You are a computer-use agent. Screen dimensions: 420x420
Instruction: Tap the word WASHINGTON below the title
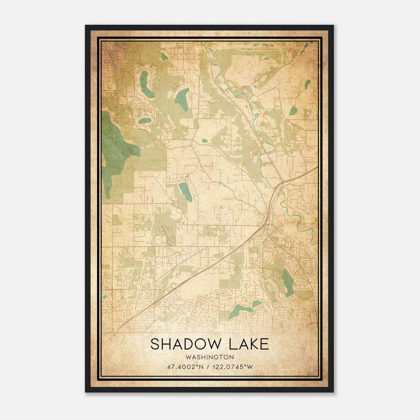coord(209,357)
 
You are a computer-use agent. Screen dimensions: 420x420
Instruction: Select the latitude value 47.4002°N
coord(185,367)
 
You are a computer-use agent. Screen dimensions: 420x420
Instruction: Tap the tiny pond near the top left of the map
coord(164,56)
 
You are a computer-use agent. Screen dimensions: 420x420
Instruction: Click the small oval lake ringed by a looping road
coord(145,121)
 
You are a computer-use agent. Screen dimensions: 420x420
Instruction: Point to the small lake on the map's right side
coord(293,111)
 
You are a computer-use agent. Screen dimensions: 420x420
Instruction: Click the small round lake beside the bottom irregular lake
coord(257,303)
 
